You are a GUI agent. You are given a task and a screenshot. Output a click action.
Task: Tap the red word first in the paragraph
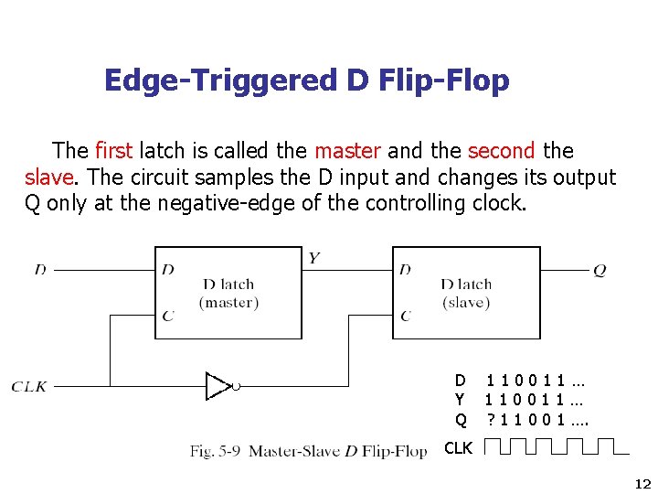pyautogui.click(x=112, y=150)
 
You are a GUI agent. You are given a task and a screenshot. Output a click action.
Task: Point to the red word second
pyautogui.click(x=501, y=150)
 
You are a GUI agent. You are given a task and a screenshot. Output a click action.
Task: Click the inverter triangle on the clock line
pyautogui.click(x=219, y=386)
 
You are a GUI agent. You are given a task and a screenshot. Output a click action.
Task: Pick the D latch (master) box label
pyautogui.click(x=228, y=293)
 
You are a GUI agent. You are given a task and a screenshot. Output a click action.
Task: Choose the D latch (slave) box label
pyautogui.click(x=466, y=293)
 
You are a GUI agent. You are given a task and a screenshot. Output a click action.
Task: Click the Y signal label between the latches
pyautogui.click(x=313, y=258)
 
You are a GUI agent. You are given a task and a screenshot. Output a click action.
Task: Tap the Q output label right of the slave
pyautogui.click(x=600, y=270)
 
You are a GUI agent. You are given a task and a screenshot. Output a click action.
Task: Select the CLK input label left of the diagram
pyautogui.click(x=29, y=387)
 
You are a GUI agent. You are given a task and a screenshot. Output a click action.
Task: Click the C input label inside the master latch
pyautogui.click(x=167, y=316)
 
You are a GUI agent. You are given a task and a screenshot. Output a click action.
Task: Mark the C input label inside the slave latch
pyautogui.click(x=405, y=316)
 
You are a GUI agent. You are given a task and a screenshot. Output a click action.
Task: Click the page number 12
pyautogui.click(x=642, y=484)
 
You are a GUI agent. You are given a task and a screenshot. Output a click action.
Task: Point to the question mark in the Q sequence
pyautogui.click(x=491, y=419)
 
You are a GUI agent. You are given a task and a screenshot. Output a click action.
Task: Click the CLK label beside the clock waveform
pyautogui.click(x=458, y=447)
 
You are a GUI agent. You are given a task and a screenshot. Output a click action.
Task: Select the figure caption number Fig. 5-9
pyautogui.click(x=215, y=450)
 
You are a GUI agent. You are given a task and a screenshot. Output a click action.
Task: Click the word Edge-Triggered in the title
pyautogui.click(x=220, y=81)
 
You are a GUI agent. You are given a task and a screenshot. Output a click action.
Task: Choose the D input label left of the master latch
pyautogui.click(x=40, y=270)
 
